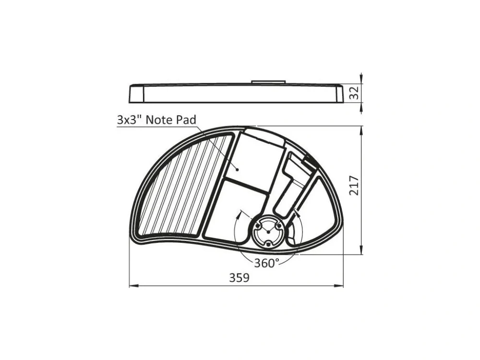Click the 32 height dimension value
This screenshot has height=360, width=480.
pos(354,93)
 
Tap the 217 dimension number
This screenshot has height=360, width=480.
pos(354,185)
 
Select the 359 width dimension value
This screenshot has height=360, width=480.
pos(240,278)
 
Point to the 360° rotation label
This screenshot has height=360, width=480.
pos(266,263)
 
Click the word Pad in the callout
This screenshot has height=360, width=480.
pos(186,120)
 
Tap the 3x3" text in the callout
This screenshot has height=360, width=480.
pos(130,120)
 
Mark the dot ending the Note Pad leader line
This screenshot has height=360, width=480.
pos(237,169)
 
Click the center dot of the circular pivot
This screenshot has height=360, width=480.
pos(268,232)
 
